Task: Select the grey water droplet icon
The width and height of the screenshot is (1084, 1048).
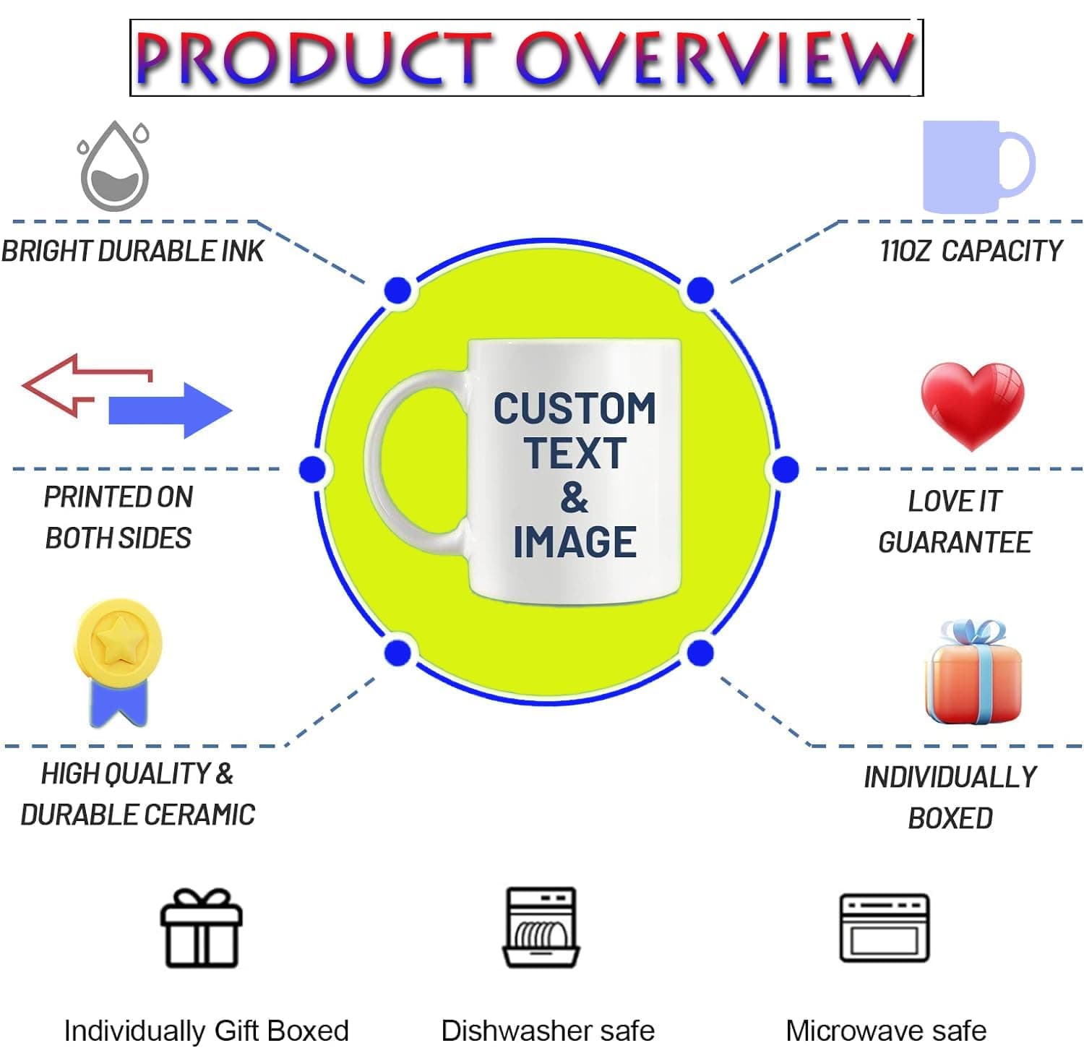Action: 114,166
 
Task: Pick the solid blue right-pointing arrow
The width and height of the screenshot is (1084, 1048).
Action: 171,410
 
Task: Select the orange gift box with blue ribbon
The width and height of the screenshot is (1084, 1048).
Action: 973,672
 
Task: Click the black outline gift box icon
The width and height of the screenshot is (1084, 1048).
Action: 201,929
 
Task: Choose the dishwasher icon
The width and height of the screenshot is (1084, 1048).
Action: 541,927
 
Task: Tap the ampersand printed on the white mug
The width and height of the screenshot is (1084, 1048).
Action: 575,498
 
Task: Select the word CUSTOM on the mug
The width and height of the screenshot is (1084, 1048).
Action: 575,408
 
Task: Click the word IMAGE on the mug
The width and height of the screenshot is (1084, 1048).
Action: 575,542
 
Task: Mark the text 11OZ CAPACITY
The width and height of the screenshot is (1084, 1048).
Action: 971,251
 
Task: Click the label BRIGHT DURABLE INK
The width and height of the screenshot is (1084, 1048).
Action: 132,251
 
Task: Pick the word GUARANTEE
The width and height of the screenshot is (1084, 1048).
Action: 955,542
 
